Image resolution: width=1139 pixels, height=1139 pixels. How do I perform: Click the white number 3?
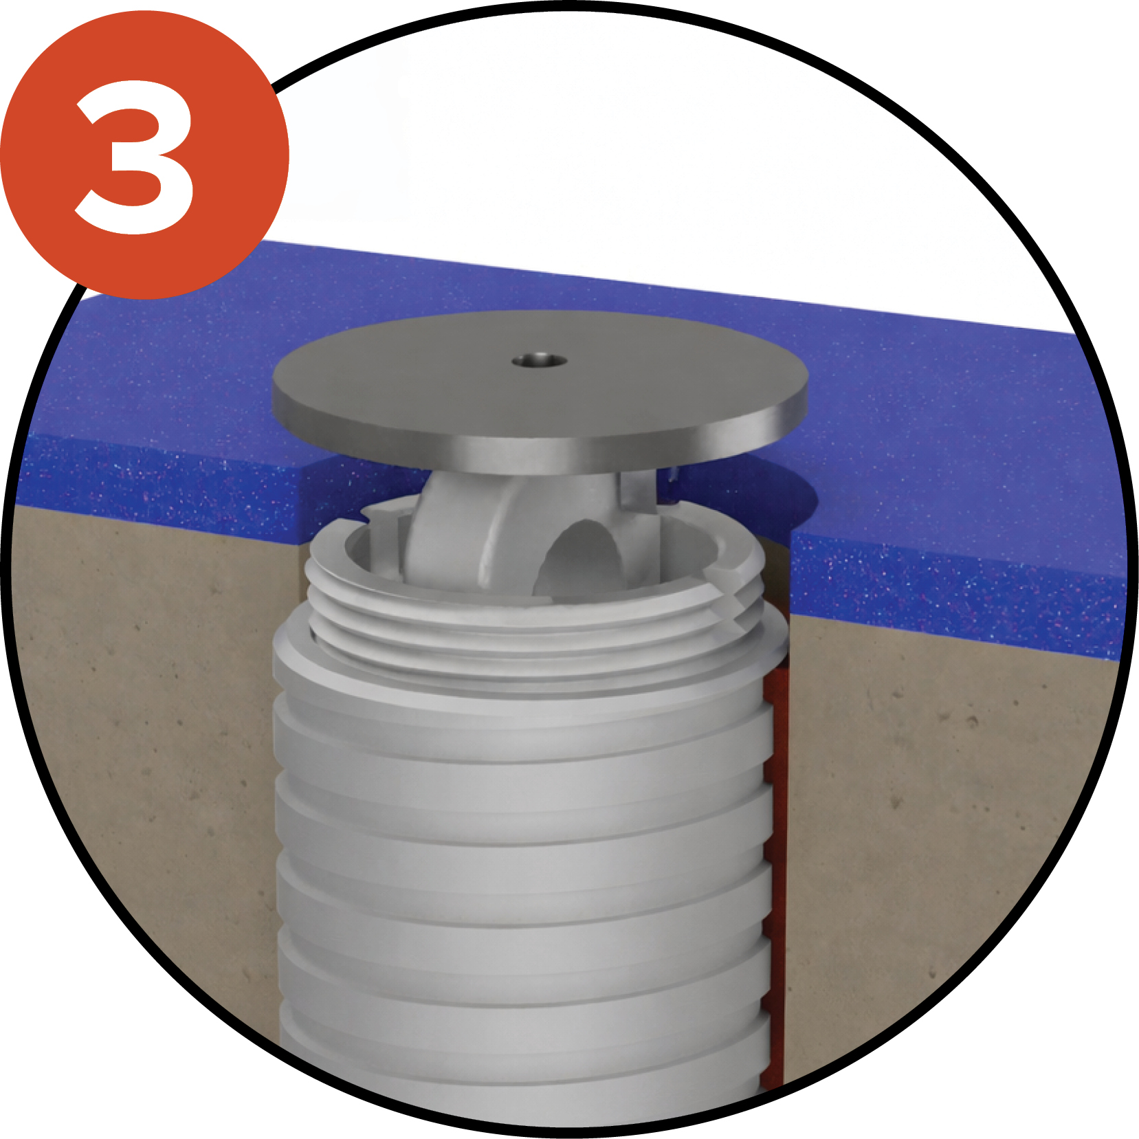tap(135, 157)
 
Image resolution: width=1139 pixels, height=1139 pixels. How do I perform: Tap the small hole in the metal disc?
tap(540, 360)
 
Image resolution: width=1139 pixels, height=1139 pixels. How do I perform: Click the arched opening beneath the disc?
tap(581, 557)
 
